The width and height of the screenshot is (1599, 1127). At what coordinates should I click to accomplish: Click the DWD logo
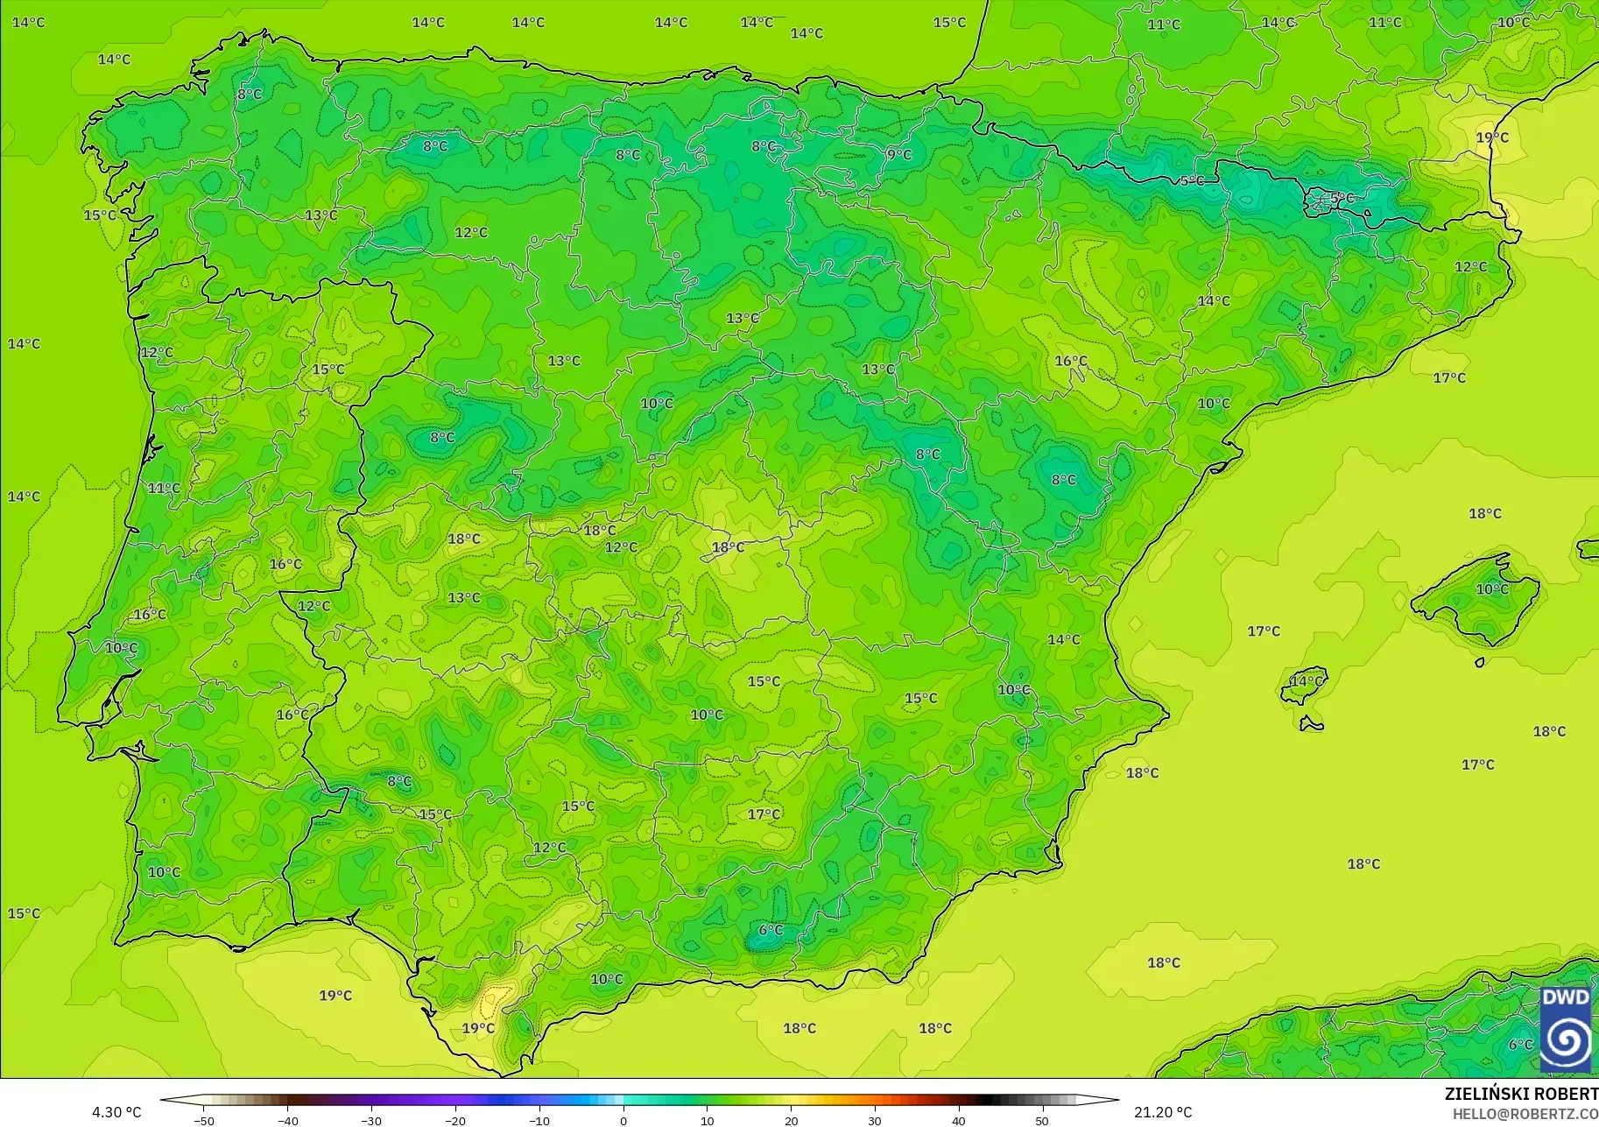(1565, 1029)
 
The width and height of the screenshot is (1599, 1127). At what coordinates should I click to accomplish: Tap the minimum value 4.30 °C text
(116, 1112)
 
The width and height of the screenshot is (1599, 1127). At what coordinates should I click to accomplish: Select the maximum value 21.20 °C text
(1163, 1112)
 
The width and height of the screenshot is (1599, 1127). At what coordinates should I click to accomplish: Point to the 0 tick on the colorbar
(623, 1120)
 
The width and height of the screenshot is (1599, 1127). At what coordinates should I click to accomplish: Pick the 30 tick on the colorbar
(874, 1120)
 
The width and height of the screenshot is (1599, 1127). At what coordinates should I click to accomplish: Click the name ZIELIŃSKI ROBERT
(1521, 1094)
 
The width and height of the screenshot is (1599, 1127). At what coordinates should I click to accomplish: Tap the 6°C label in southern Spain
(771, 930)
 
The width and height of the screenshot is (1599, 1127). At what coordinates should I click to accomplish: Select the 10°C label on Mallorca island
(1492, 589)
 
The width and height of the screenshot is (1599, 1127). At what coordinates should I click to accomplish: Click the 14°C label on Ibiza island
(1307, 681)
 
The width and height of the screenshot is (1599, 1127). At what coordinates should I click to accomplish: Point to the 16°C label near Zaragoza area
(1070, 361)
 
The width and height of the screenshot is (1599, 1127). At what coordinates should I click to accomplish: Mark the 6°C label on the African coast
(1520, 1045)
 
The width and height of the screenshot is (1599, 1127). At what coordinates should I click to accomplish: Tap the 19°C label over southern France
(1492, 137)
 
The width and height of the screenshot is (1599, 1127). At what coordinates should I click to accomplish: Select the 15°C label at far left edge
(24, 913)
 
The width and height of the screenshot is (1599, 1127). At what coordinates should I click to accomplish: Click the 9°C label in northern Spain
(899, 155)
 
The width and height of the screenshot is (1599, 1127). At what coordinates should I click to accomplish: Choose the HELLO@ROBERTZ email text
(1525, 1114)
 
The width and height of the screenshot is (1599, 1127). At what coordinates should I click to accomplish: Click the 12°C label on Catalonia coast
(1470, 267)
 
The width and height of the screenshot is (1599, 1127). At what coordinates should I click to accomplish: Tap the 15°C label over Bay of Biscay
(949, 23)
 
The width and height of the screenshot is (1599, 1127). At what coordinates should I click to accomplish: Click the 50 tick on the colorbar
(1041, 1120)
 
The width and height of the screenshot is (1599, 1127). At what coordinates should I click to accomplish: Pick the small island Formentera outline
(1311, 723)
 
